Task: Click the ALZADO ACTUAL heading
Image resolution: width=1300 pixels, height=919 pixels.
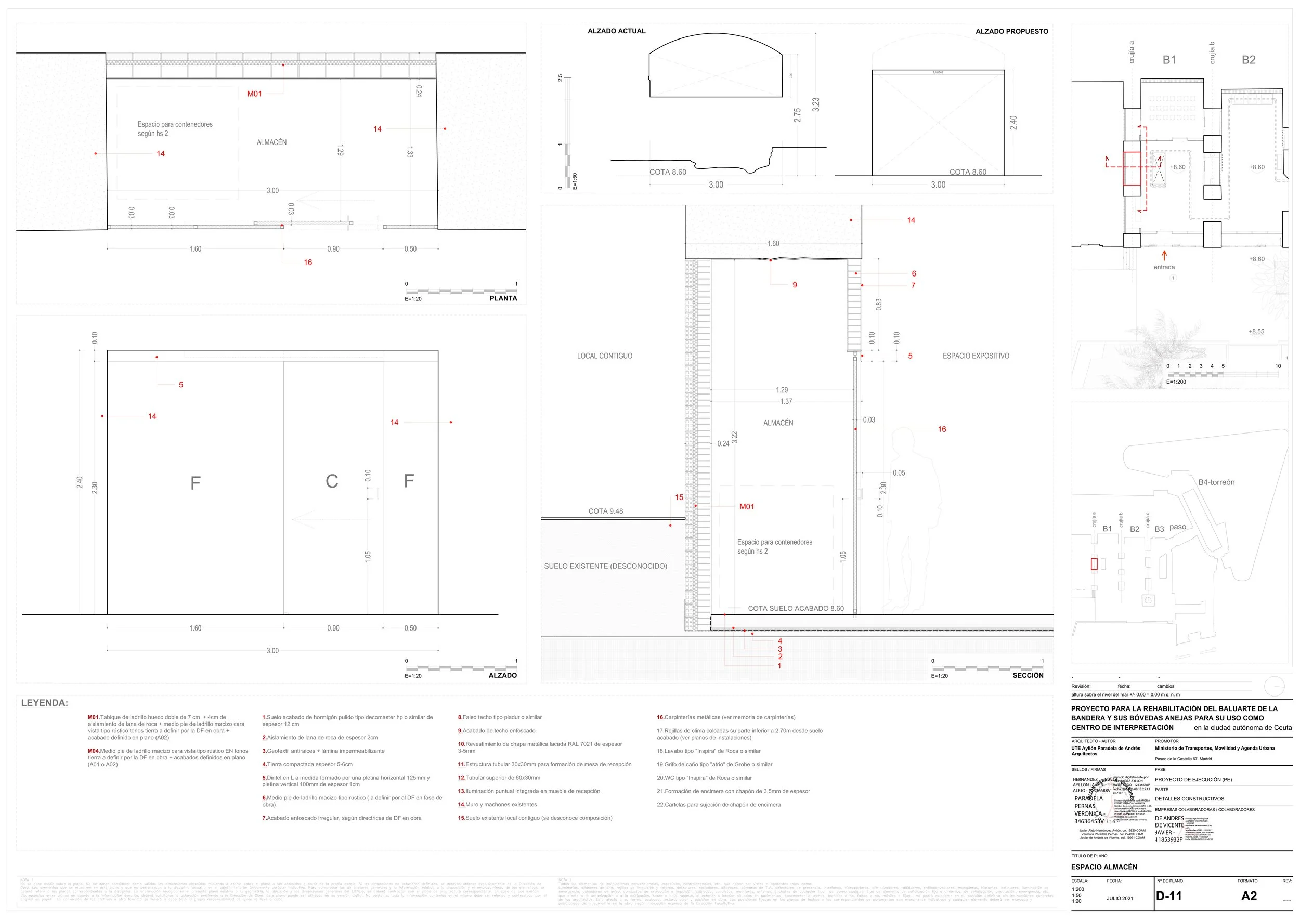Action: click(x=616, y=31)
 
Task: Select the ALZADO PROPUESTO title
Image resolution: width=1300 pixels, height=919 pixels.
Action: click(x=1011, y=31)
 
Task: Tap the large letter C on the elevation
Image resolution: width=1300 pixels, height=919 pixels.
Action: click(x=332, y=481)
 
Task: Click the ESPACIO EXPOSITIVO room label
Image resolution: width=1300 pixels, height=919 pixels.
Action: click(x=976, y=356)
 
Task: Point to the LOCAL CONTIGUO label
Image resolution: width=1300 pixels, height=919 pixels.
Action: click(x=604, y=356)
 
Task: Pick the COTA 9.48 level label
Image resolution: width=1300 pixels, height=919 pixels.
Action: click(x=605, y=511)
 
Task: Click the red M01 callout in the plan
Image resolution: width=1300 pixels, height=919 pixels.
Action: click(x=254, y=94)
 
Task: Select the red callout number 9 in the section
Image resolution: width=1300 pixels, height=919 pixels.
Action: click(x=795, y=285)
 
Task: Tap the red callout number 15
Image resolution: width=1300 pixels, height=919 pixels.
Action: click(x=679, y=497)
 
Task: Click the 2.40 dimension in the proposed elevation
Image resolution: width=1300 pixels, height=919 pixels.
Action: click(x=1013, y=122)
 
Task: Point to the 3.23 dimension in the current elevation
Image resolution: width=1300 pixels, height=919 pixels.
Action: click(x=815, y=104)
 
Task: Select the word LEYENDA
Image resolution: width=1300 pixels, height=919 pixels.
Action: click(x=44, y=703)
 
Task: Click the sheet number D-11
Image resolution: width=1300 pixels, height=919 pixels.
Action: click(x=1168, y=896)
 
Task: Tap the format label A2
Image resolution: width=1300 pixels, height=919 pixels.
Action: click(x=1249, y=896)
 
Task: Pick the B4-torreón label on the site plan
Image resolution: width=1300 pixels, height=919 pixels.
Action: click(x=1216, y=482)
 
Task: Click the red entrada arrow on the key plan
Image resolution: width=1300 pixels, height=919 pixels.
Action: click(x=1164, y=255)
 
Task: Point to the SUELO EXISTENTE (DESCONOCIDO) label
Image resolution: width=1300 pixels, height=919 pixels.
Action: click(x=605, y=566)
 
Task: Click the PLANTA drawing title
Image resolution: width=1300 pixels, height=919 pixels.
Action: click(x=503, y=298)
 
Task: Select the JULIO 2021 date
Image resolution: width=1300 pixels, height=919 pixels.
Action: click(x=1120, y=898)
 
